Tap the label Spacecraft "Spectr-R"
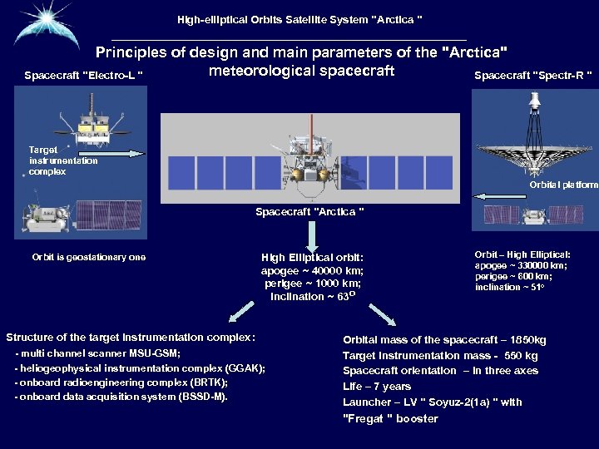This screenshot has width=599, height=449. coord(533,76)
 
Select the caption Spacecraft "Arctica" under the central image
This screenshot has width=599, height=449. coord(309,212)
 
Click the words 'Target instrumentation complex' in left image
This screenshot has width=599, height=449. coord(63,160)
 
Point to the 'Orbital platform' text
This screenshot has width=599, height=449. coord(563,184)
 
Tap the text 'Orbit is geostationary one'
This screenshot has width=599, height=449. coord(89,257)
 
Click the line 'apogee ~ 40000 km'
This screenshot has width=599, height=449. coord(312,271)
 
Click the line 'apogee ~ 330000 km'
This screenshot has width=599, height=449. coord(522,265)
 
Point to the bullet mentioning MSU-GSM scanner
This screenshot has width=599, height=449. coord(98,353)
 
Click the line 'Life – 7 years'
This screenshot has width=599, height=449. coord(377,387)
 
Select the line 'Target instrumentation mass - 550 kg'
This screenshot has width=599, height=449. coord(440,356)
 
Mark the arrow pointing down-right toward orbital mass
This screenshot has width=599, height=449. coord(383,314)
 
